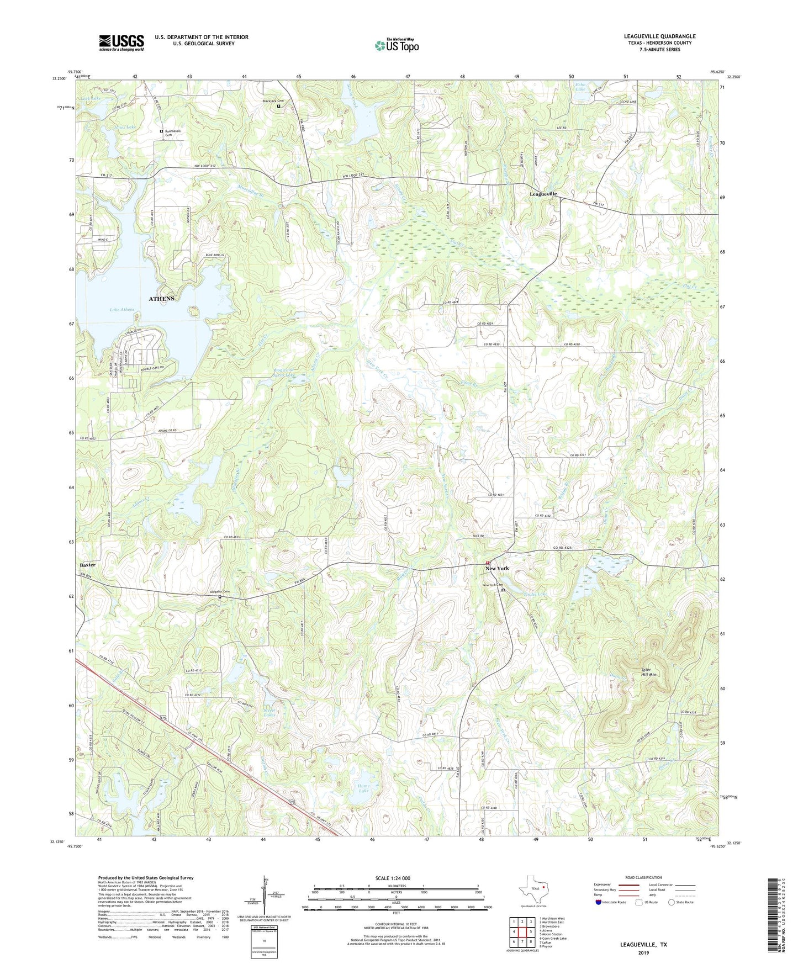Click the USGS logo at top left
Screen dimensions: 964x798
tap(121, 43)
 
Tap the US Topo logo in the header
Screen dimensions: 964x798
tap(396, 45)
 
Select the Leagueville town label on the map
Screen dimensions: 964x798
tap(543, 194)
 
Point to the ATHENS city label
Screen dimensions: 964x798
tap(161, 299)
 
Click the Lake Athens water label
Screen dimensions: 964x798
tap(122, 310)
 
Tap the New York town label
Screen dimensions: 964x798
tap(497, 568)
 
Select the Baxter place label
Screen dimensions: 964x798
tap(87, 565)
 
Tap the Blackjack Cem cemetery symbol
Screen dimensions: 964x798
tap(278, 107)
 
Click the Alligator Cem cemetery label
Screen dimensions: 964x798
tap(219, 592)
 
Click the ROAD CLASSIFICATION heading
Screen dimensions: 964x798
tap(643, 877)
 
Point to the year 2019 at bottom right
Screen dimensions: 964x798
tap(643, 952)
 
